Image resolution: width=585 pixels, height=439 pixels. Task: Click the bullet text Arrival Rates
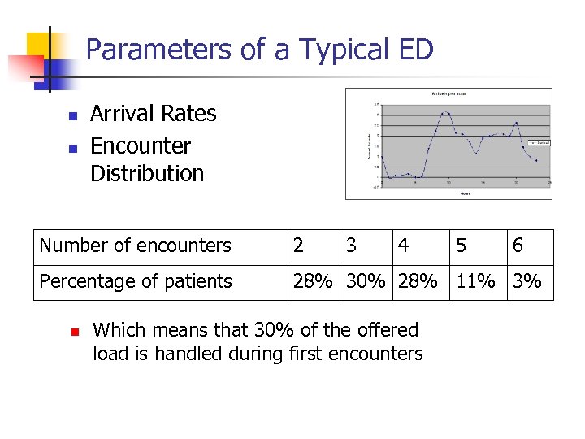(x=153, y=114)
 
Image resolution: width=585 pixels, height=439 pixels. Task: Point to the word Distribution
(x=147, y=173)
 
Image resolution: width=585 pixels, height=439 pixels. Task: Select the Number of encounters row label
(x=136, y=246)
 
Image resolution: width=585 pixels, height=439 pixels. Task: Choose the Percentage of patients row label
(x=136, y=281)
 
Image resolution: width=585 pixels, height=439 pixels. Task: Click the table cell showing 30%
(x=366, y=281)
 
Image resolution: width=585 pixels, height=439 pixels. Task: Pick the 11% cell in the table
(x=476, y=281)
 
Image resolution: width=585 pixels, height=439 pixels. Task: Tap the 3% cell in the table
(x=527, y=281)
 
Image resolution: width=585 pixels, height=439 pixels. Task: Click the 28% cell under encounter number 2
(x=313, y=281)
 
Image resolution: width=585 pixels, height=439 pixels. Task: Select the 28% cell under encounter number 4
(x=418, y=281)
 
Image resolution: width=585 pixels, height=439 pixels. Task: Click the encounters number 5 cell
(x=461, y=246)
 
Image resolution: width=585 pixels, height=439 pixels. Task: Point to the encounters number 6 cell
(x=518, y=246)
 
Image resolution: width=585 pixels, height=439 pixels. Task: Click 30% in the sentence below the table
(x=240, y=330)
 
